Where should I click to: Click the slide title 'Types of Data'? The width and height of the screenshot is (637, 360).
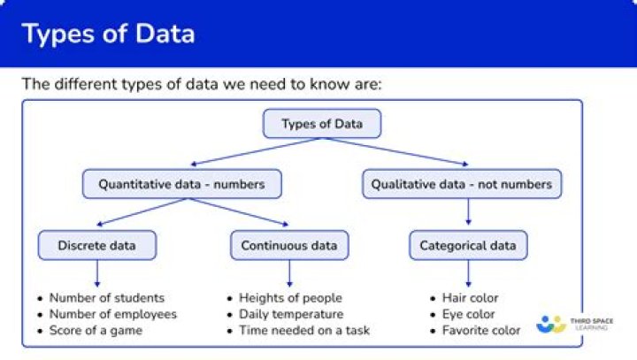tap(108, 34)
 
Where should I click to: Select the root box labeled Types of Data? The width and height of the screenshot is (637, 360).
tap(322, 124)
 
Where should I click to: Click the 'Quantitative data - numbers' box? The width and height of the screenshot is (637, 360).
tap(182, 184)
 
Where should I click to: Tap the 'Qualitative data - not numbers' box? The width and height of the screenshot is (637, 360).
tap(461, 184)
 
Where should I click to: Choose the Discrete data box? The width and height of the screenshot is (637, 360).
tap(96, 245)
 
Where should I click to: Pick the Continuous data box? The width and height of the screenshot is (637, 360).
tap(289, 245)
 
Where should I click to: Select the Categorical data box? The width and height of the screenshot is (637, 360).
tap(468, 245)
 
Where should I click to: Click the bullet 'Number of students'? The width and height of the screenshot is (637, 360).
tap(106, 298)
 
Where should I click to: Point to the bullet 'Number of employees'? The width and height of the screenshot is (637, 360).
tap(112, 314)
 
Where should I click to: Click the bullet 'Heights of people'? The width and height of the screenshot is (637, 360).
tap(290, 298)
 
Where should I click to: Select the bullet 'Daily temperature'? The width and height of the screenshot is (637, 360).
tap(290, 314)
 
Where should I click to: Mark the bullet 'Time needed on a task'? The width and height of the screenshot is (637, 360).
tap(304, 330)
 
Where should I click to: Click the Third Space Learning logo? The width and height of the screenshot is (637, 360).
tap(574, 324)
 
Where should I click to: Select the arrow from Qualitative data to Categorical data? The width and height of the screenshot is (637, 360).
tap(468, 213)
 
